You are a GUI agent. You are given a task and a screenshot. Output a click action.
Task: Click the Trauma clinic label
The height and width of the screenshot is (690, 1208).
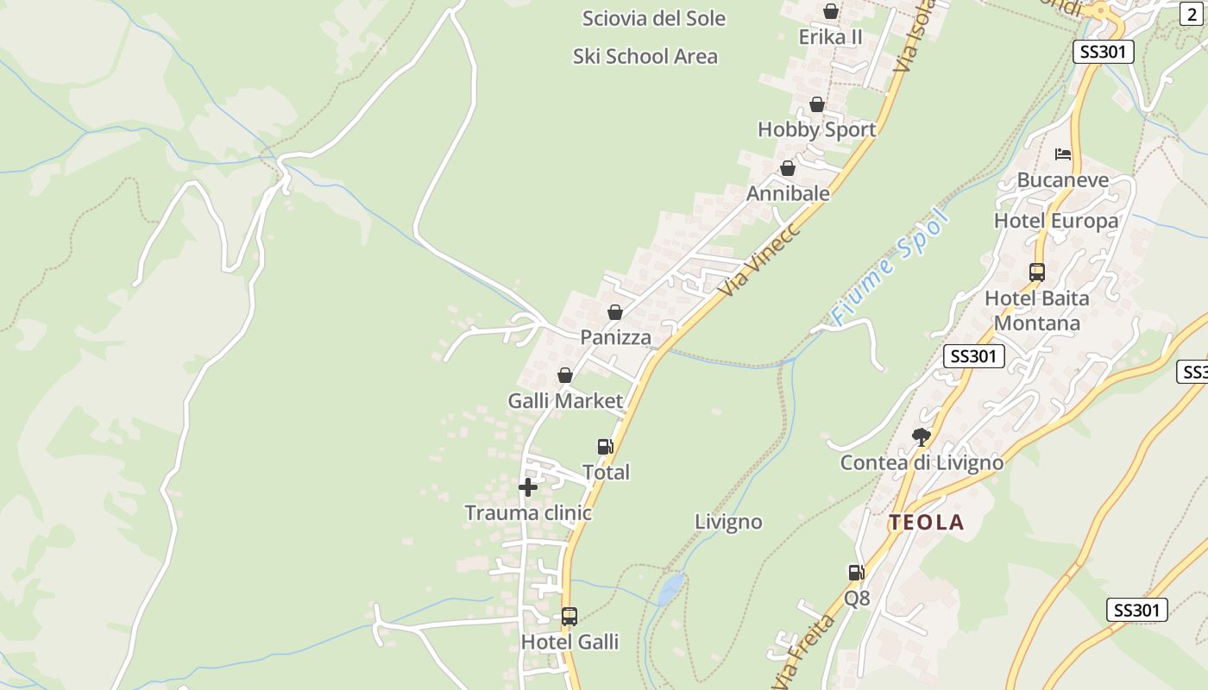tap(528, 513)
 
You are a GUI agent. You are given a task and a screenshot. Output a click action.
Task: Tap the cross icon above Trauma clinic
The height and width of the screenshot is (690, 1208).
tap(528, 487)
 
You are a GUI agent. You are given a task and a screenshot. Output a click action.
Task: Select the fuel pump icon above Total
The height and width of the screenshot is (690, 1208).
tap(606, 447)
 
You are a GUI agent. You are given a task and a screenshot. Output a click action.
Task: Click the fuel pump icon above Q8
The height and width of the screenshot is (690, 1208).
tap(856, 572)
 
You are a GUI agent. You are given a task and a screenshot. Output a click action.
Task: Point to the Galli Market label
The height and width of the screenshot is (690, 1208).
tap(565, 401)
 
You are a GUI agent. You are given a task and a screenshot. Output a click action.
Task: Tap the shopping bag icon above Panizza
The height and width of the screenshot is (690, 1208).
tap(615, 312)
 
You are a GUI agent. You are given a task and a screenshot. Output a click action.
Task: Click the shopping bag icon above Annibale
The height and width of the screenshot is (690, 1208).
tap(788, 168)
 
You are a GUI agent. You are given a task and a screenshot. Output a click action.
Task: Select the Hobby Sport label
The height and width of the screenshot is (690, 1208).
tap(816, 129)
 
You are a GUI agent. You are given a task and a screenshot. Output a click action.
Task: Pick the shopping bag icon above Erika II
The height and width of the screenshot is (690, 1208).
tap(831, 11)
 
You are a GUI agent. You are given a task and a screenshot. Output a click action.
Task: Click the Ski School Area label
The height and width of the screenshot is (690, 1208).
tap(645, 57)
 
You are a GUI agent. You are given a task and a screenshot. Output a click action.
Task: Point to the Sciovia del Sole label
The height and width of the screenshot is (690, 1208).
tap(654, 18)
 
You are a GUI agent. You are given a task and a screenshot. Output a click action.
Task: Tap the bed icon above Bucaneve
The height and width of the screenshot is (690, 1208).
tap(1063, 154)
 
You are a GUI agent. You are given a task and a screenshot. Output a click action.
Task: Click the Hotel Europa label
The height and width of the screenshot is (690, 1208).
tap(1056, 221)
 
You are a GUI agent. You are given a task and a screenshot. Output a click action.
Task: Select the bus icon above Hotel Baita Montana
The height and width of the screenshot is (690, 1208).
tap(1037, 273)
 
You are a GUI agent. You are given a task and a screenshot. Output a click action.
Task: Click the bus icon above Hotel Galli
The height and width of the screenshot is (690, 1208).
tap(569, 617)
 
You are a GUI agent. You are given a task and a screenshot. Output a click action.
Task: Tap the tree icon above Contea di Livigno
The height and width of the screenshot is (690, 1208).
tap(922, 437)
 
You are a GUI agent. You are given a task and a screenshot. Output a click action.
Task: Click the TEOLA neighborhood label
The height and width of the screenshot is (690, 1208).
tap(927, 523)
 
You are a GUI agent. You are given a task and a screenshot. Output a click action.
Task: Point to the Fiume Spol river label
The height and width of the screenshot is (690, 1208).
tap(891, 267)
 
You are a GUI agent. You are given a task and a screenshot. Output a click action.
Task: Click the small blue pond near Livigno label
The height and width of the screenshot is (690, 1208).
tap(670, 590)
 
